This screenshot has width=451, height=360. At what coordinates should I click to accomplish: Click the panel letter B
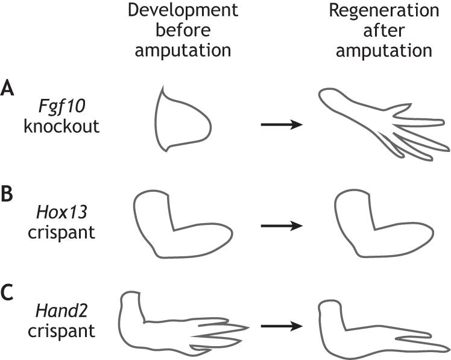click(x=8, y=198)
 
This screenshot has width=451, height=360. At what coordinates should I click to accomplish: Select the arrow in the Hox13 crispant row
click(x=280, y=226)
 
